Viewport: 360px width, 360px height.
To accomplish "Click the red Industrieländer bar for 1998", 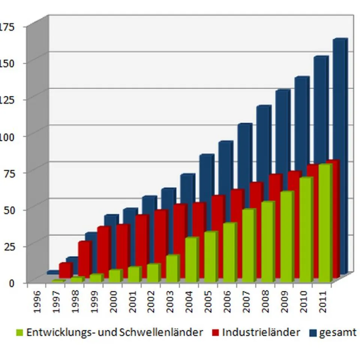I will (x=84, y=259).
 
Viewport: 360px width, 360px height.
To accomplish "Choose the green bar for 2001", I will (x=133, y=274).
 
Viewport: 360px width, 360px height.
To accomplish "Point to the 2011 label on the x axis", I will (x=323, y=304).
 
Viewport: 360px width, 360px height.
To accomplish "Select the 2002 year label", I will (x=151, y=304).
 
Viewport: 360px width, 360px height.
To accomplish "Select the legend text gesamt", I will (x=337, y=332).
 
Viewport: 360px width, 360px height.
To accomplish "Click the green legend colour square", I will (x=20, y=333).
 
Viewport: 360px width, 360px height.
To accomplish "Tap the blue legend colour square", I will (x=312, y=333).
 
